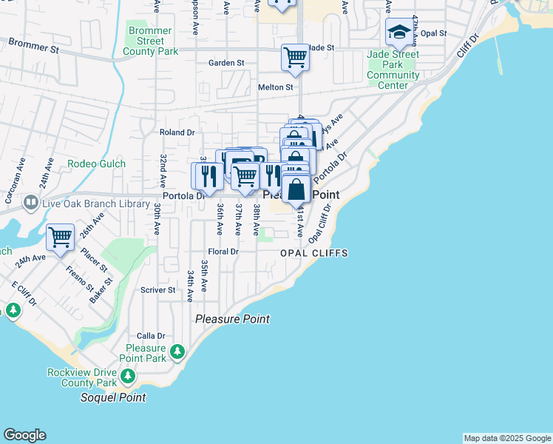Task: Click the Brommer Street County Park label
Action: coord(150,41)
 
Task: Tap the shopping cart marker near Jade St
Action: coord(295,56)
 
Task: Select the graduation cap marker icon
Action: coord(398,32)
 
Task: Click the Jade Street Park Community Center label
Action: coord(393,70)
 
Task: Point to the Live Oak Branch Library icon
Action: coord(31,202)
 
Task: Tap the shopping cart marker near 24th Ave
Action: coord(60,237)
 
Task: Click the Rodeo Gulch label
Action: coord(96,164)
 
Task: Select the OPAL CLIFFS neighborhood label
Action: coord(313,253)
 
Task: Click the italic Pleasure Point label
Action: coord(232,319)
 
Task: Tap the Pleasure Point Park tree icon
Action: coord(177,352)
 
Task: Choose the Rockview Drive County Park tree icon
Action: coord(129,377)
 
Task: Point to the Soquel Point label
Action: coord(113,397)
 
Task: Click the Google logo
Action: coord(24,435)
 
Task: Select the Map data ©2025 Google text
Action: coord(507,438)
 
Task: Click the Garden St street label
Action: coord(226,63)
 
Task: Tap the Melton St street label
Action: coord(276,87)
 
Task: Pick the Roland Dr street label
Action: coord(177,132)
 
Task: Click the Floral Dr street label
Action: coord(223,252)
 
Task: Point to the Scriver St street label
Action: coord(158,290)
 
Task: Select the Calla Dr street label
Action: coord(150,336)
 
